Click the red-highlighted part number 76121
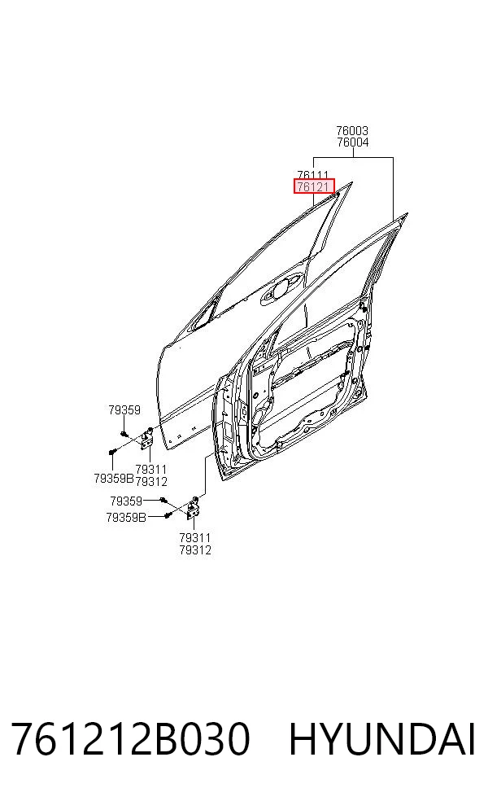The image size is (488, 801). click(x=313, y=186)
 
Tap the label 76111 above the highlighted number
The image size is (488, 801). click(x=313, y=175)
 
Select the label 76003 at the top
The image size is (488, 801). click(x=352, y=131)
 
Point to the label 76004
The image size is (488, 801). click(x=352, y=142)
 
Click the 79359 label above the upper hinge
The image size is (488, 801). click(x=124, y=409)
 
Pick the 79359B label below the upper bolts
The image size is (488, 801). click(x=113, y=479)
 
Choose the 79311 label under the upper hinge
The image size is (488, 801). click(x=151, y=469)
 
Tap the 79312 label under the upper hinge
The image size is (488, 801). click(x=151, y=481)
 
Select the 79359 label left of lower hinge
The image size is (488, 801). click(x=126, y=501)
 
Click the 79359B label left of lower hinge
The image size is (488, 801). click(x=126, y=518)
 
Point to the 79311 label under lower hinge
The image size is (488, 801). click(x=195, y=537)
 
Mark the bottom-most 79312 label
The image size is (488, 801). click(x=195, y=550)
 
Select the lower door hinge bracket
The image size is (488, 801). click(x=194, y=508)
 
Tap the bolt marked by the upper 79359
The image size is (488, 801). click(x=124, y=434)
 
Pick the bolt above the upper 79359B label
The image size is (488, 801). click(x=113, y=452)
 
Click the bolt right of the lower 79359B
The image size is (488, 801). click(x=167, y=515)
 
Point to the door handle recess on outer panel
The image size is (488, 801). click(x=277, y=291)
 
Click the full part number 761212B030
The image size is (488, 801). click(x=130, y=738)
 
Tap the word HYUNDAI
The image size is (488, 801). click(x=382, y=738)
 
